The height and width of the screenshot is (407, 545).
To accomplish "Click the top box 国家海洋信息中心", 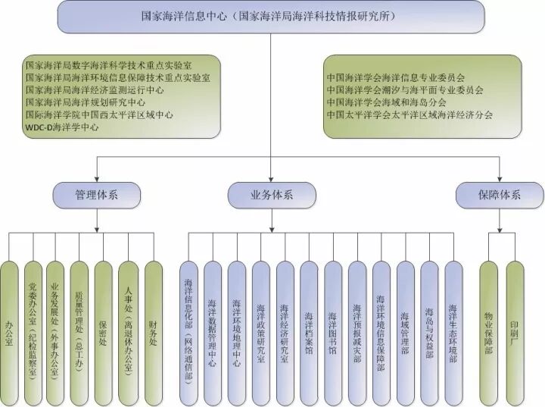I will point(271,16).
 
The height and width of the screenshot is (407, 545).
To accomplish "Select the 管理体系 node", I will point(95,195).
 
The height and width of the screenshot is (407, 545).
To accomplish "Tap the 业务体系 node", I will point(272,195).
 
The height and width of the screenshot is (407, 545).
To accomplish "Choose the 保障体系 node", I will point(499,195).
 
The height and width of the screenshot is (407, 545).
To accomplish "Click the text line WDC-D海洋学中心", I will point(61,127).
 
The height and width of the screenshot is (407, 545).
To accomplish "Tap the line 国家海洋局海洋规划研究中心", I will point(85,102).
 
